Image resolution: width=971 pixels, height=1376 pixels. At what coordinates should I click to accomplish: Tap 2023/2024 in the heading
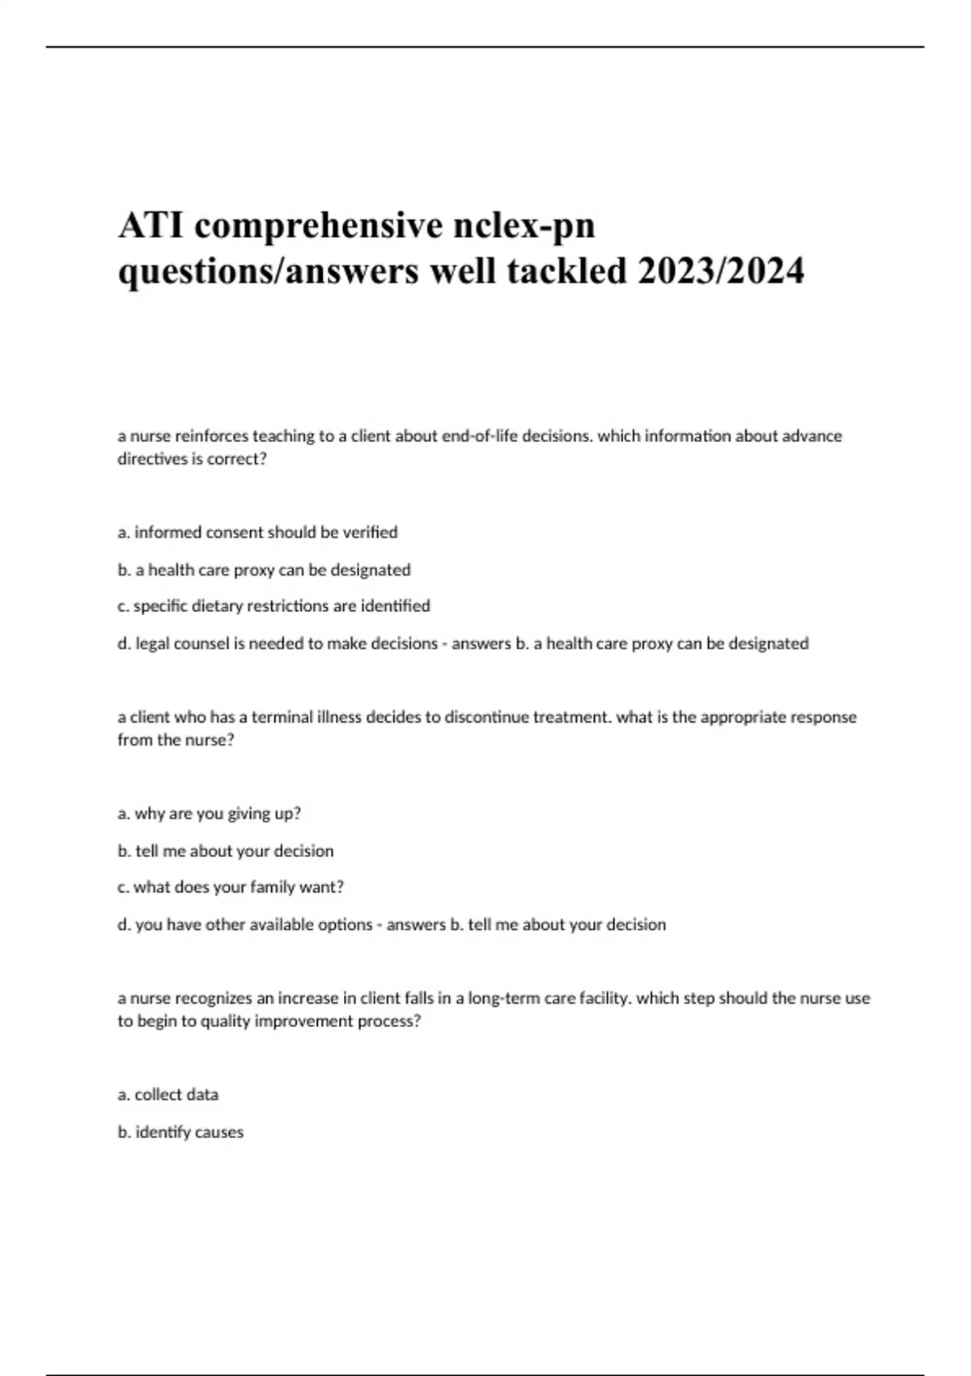coord(721,270)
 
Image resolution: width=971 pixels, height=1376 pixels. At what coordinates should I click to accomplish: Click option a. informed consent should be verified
coord(257,533)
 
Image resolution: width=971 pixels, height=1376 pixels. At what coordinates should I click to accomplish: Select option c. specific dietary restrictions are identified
coord(273,606)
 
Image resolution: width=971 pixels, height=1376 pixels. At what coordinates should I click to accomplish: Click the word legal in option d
coord(153,643)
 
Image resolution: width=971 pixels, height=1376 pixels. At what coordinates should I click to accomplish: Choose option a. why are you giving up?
coord(209,813)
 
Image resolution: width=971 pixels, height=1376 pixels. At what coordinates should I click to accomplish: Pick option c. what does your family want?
coord(231,887)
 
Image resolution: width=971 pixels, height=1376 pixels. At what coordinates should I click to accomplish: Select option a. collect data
coord(168,1094)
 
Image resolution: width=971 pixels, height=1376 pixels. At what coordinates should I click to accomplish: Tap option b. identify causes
coord(180,1132)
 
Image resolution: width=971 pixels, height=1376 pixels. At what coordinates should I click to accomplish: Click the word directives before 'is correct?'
coord(151,459)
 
